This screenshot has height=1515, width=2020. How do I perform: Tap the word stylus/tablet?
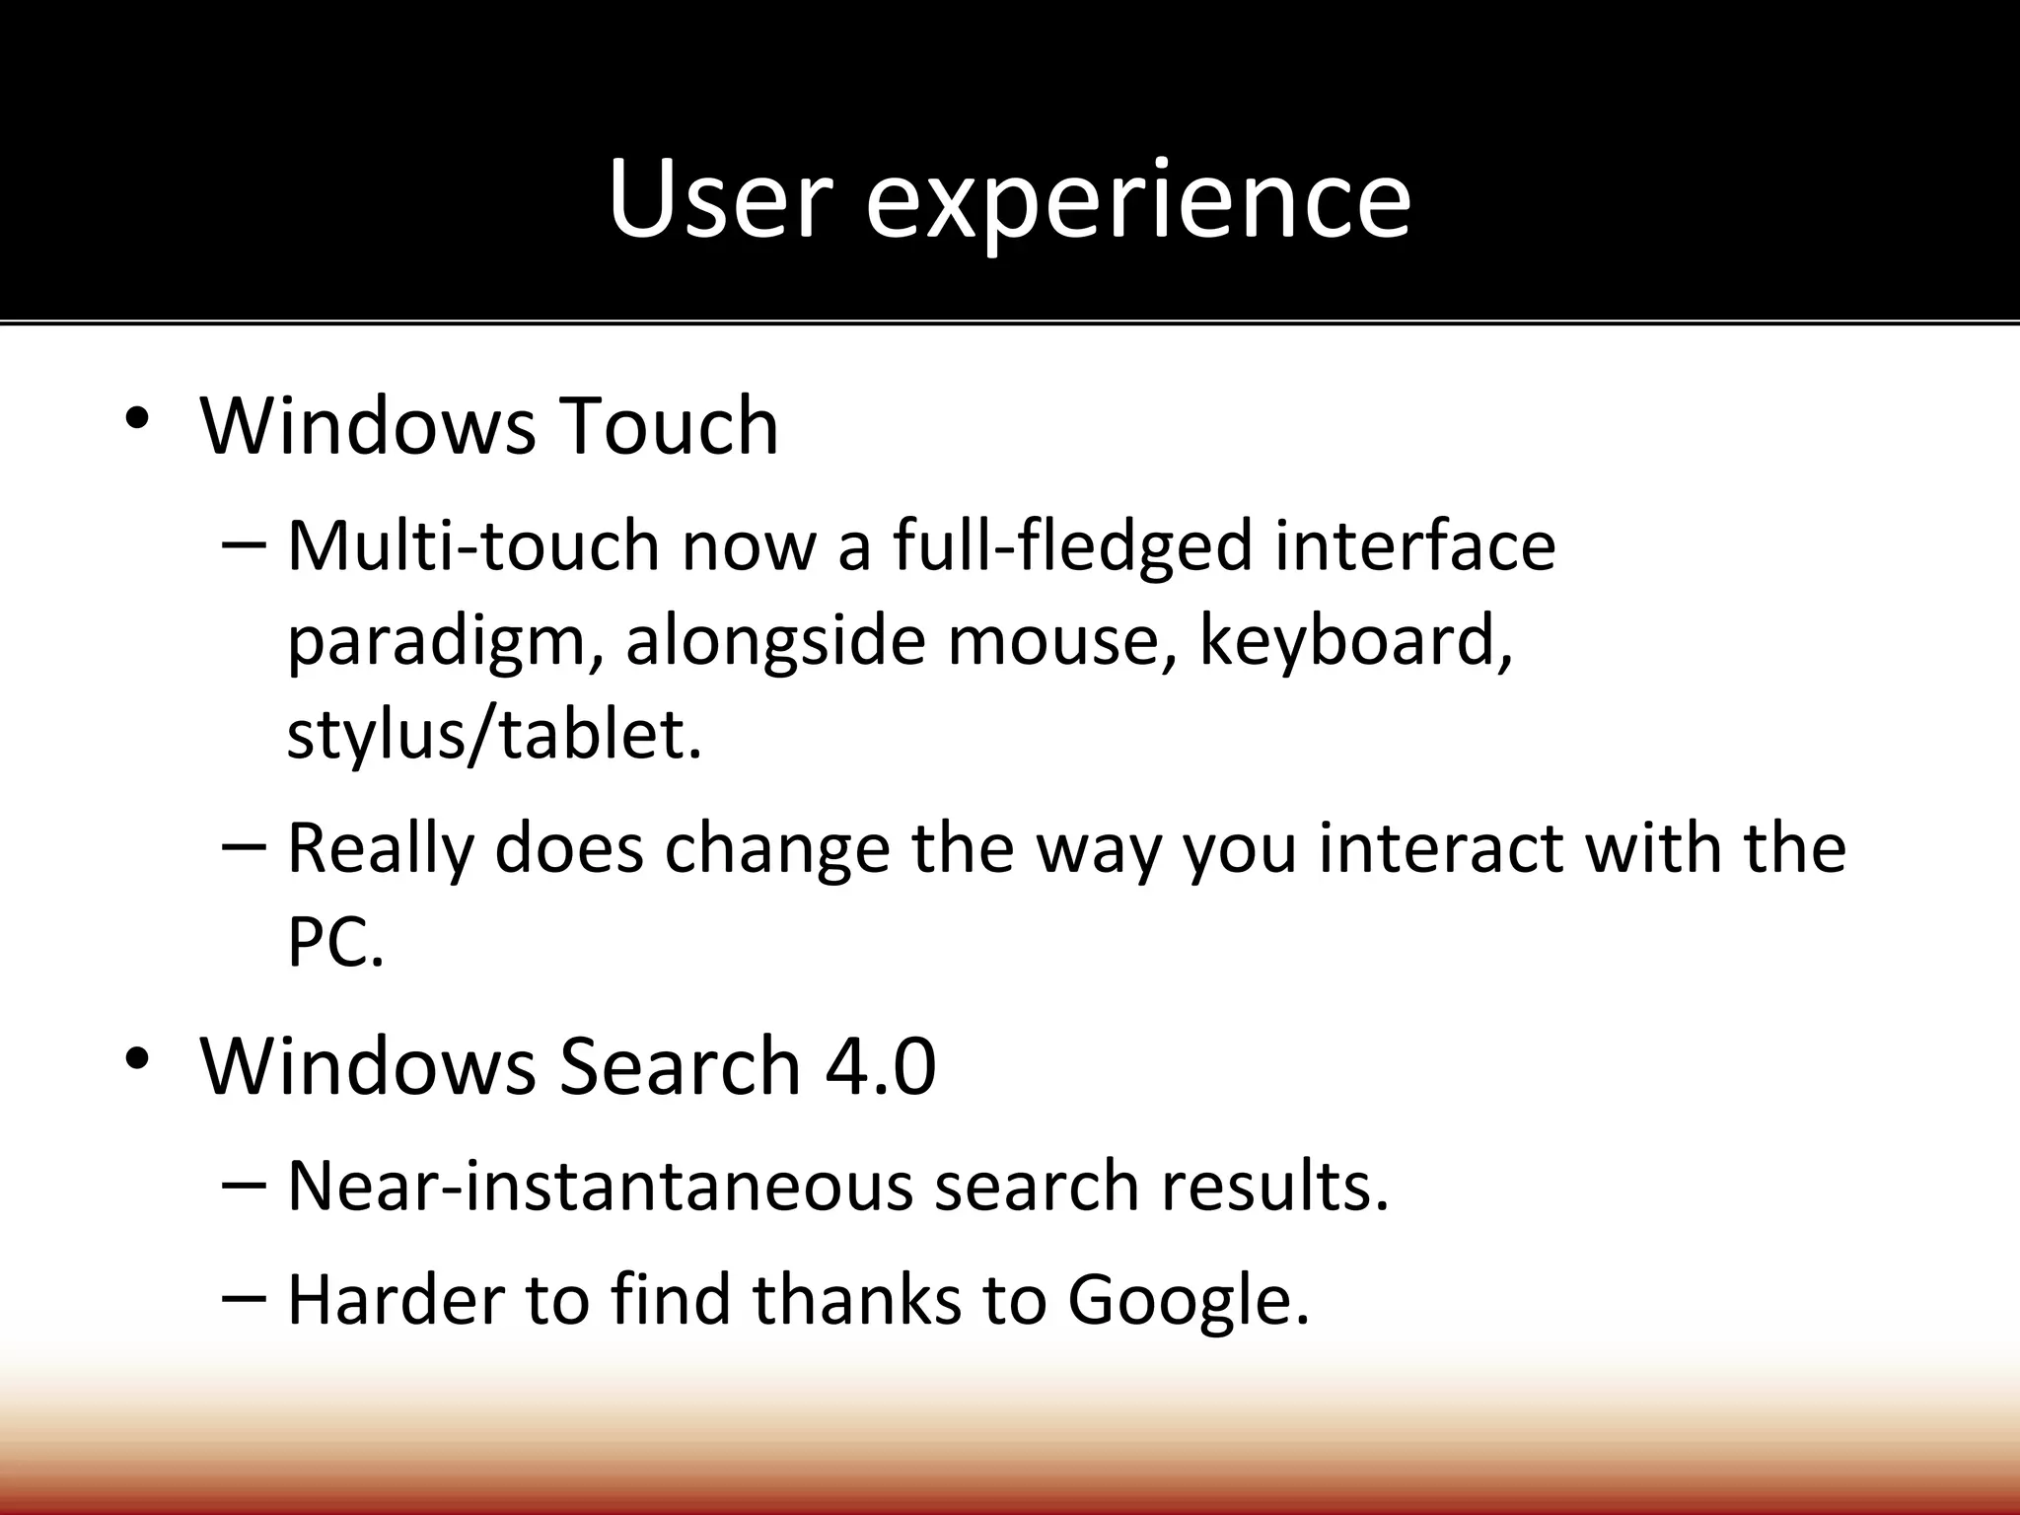(493, 735)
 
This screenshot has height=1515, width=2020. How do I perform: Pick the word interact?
(1440, 848)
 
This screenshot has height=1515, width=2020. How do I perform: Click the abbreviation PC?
(333, 942)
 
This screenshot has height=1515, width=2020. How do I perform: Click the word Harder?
(395, 1299)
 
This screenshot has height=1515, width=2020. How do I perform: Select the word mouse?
(1060, 641)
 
